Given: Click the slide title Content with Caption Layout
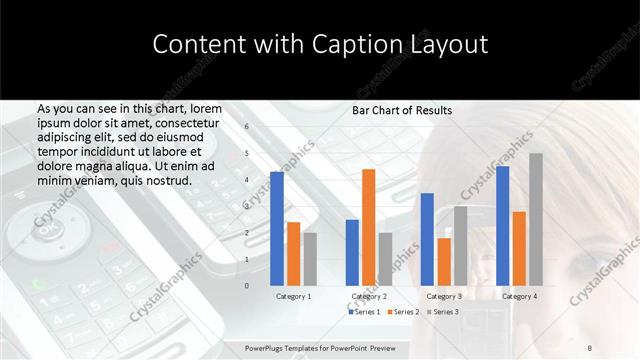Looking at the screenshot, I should click(x=320, y=45).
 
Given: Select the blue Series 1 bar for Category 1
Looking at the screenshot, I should click(x=277, y=229).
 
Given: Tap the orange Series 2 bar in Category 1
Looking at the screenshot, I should click(x=293, y=254).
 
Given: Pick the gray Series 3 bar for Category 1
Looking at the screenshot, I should click(x=310, y=259).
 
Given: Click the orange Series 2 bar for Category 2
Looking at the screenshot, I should click(x=369, y=227).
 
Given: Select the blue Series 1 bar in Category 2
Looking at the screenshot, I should click(x=352, y=252).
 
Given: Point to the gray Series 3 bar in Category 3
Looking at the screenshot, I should click(x=460, y=246).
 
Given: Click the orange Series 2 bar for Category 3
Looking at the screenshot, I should click(x=444, y=262).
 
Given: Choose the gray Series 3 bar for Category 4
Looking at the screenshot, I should click(x=536, y=219).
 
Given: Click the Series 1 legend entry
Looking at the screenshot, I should click(x=364, y=312).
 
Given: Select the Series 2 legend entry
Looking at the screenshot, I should click(x=402, y=312).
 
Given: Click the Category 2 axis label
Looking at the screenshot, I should click(x=369, y=296).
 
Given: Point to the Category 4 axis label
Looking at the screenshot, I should click(x=519, y=296).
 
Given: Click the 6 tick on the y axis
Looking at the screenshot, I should click(x=246, y=127).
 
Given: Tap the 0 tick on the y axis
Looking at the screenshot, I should click(x=246, y=286).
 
